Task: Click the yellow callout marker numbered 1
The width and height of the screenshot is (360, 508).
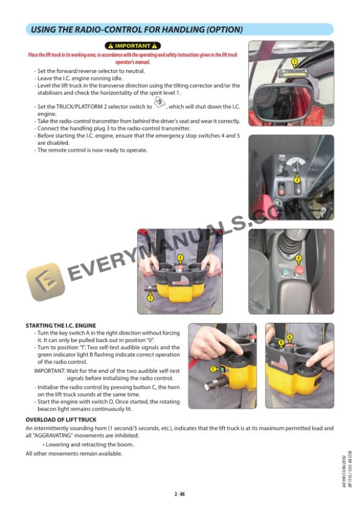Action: [x=294, y=62]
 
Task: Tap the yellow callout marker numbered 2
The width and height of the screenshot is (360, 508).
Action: [x=297, y=180]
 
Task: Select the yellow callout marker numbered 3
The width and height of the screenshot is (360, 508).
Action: [x=151, y=298]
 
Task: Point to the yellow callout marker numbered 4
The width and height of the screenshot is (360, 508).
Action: [x=298, y=258]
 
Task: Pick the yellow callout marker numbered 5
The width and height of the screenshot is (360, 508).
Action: [x=180, y=258]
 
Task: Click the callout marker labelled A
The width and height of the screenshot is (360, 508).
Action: [x=289, y=337]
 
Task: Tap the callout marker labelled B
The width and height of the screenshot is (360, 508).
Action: [x=281, y=342]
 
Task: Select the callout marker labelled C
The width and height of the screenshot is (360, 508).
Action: [x=213, y=369]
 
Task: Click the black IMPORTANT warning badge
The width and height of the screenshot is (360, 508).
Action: [x=132, y=46]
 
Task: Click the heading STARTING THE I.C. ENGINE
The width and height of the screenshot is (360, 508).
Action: [x=61, y=326]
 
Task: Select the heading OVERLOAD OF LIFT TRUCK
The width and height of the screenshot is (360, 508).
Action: [x=61, y=420]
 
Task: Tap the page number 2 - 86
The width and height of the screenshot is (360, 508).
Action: [x=179, y=494]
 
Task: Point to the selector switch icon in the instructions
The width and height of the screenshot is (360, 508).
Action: [x=159, y=103]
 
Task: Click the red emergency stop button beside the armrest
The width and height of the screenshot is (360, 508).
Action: [x=298, y=270]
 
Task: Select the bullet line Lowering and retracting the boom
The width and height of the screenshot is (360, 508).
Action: [x=88, y=444]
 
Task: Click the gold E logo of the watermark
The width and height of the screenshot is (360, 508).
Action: [x=45, y=282]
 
